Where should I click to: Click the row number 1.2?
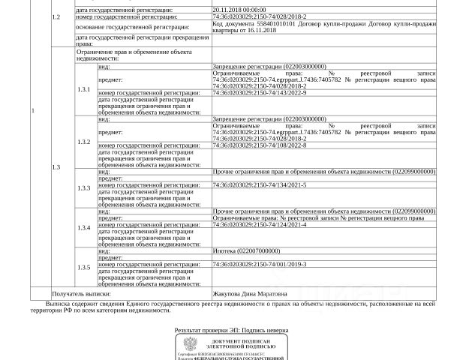click(x=55, y=15)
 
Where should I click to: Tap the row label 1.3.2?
click(x=84, y=142)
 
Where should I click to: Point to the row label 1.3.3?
click(x=84, y=187)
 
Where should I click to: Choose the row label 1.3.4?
click(x=84, y=226)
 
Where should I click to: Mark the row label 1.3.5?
click(x=84, y=267)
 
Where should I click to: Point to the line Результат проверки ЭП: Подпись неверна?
click(x=232, y=329)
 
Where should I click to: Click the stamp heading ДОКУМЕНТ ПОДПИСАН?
click(x=239, y=341)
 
